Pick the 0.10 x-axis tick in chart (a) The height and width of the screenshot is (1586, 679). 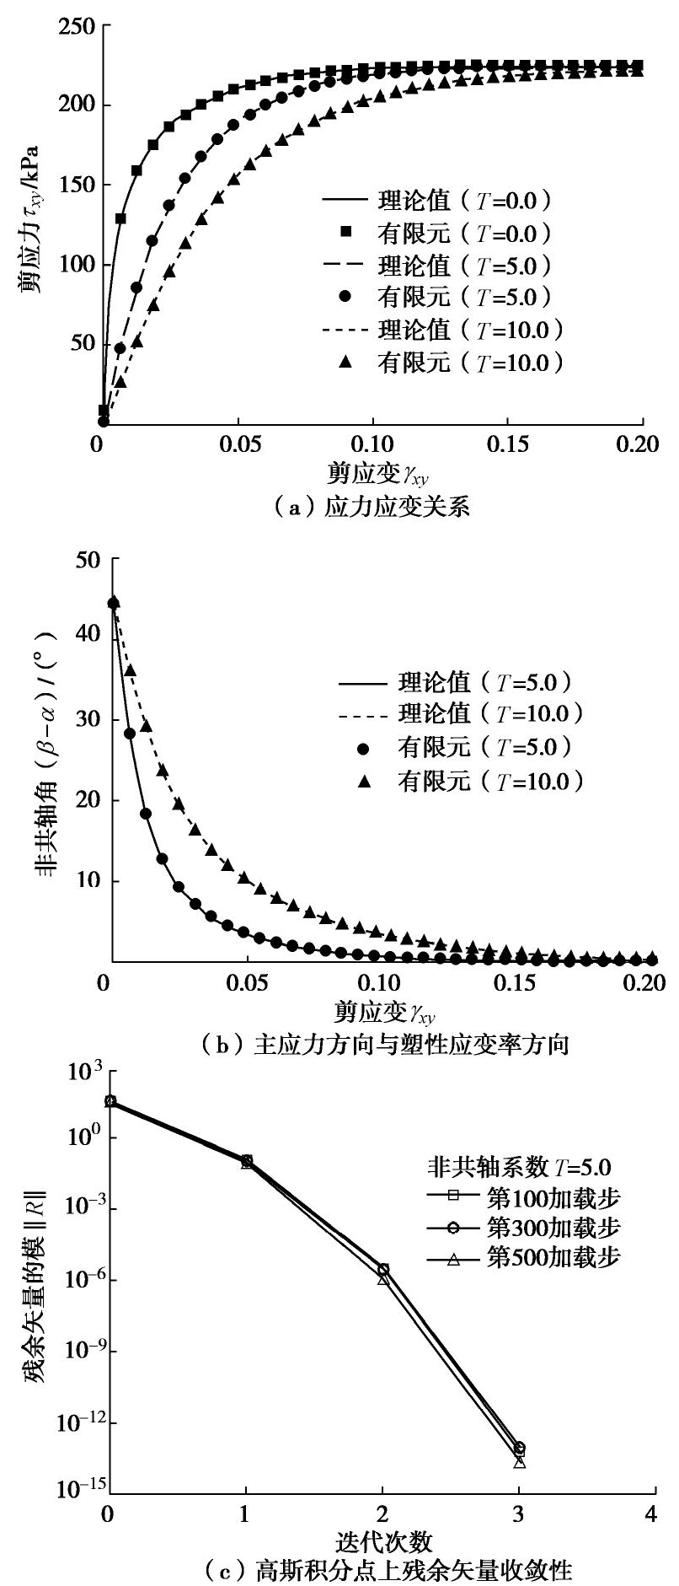372,444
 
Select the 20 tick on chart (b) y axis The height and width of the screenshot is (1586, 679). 88,800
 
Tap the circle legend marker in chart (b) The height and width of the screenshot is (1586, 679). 364,748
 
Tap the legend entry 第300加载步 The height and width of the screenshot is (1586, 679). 522,1226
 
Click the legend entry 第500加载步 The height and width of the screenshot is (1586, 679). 522,1258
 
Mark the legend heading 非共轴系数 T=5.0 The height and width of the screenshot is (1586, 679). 516,1167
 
